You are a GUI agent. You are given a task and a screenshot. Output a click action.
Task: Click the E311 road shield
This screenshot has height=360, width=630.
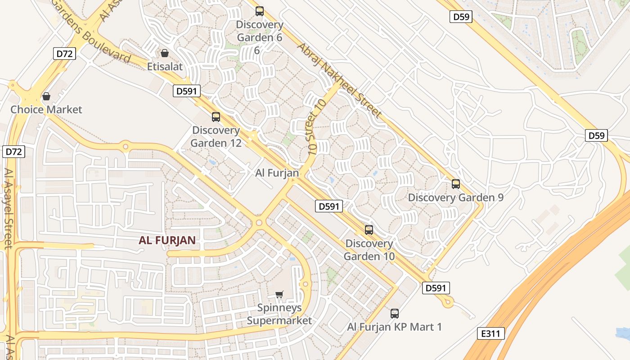[490, 333]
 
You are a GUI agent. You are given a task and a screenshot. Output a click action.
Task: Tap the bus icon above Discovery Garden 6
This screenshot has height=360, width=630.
[260, 11]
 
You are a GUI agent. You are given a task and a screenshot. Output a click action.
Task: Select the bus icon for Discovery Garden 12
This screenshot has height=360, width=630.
[216, 117]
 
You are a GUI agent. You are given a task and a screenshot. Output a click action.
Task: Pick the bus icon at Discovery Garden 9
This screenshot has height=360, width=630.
[456, 184]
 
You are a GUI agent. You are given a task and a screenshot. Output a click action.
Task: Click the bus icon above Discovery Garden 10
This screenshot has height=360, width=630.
[369, 230]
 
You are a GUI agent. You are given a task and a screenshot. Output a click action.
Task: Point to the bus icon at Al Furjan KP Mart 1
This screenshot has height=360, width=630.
[395, 314]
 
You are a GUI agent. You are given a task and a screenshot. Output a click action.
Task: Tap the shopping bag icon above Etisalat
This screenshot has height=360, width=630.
[165, 53]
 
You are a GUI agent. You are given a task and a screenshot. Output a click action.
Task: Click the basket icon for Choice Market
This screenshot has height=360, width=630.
[46, 96]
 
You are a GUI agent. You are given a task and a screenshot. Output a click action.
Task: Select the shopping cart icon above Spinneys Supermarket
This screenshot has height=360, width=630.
[279, 295]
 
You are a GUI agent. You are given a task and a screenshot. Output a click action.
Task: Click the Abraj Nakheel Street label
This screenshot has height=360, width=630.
[339, 80]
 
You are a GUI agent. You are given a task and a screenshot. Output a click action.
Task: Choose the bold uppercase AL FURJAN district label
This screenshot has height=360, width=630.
[167, 240]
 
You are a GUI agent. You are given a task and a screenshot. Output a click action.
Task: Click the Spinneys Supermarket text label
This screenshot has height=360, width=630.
[279, 315]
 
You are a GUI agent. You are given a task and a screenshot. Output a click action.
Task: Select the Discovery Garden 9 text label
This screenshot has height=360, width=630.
[455, 198]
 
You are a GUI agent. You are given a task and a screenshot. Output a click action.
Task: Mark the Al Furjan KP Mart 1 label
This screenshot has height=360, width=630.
[394, 327]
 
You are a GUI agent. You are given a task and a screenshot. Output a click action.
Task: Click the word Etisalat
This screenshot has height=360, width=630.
[165, 67]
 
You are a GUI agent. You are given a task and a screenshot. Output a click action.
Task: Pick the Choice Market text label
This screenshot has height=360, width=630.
[46, 109]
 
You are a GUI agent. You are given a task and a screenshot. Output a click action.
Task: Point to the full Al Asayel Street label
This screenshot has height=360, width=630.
[8, 208]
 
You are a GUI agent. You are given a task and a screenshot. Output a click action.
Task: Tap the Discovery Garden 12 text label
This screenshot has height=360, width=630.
[216, 137]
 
